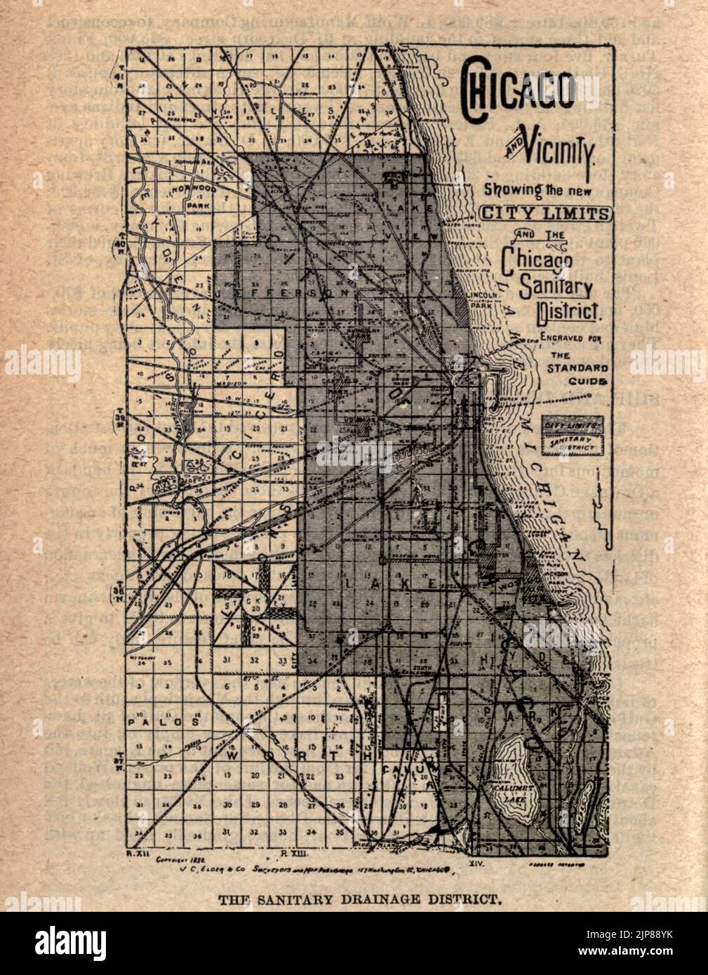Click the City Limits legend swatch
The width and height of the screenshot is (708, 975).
tap(572, 426)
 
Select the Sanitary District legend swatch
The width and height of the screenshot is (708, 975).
tap(572, 443)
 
